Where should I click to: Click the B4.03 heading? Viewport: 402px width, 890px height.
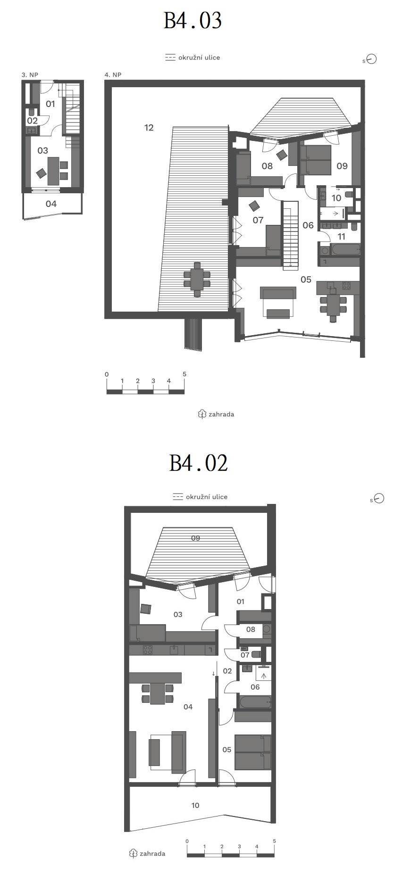[x=193, y=21]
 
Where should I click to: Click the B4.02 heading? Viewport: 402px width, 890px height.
[x=199, y=463]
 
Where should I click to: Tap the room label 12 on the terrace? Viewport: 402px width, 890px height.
[x=149, y=127]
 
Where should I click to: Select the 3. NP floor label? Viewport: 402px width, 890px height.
[x=30, y=75]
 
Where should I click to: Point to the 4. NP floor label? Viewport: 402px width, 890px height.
[x=113, y=75]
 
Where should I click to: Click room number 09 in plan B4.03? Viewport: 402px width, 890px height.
[x=342, y=166]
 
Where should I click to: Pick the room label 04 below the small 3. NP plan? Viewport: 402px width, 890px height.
[x=51, y=204]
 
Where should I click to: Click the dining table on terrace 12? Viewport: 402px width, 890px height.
[x=197, y=279]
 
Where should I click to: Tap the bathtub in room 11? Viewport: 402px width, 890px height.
[x=339, y=250]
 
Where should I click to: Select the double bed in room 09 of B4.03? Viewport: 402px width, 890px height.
[x=315, y=160]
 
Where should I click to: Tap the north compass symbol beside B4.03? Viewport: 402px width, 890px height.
[x=371, y=59]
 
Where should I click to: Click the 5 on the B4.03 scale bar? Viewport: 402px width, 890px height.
[x=184, y=374]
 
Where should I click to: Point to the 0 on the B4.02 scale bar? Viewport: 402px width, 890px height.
[x=187, y=841]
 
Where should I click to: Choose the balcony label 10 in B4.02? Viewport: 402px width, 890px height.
[x=195, y=805]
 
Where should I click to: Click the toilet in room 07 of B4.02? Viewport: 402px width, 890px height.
[x=256, y=654]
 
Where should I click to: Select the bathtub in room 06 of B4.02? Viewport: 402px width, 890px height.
[x=255, y=702]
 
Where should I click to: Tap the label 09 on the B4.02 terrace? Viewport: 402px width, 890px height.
[x=195, y=538]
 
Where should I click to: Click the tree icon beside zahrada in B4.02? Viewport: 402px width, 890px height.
[x=133, y=854]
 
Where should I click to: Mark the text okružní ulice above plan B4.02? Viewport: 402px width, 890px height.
[x=207, y=497]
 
